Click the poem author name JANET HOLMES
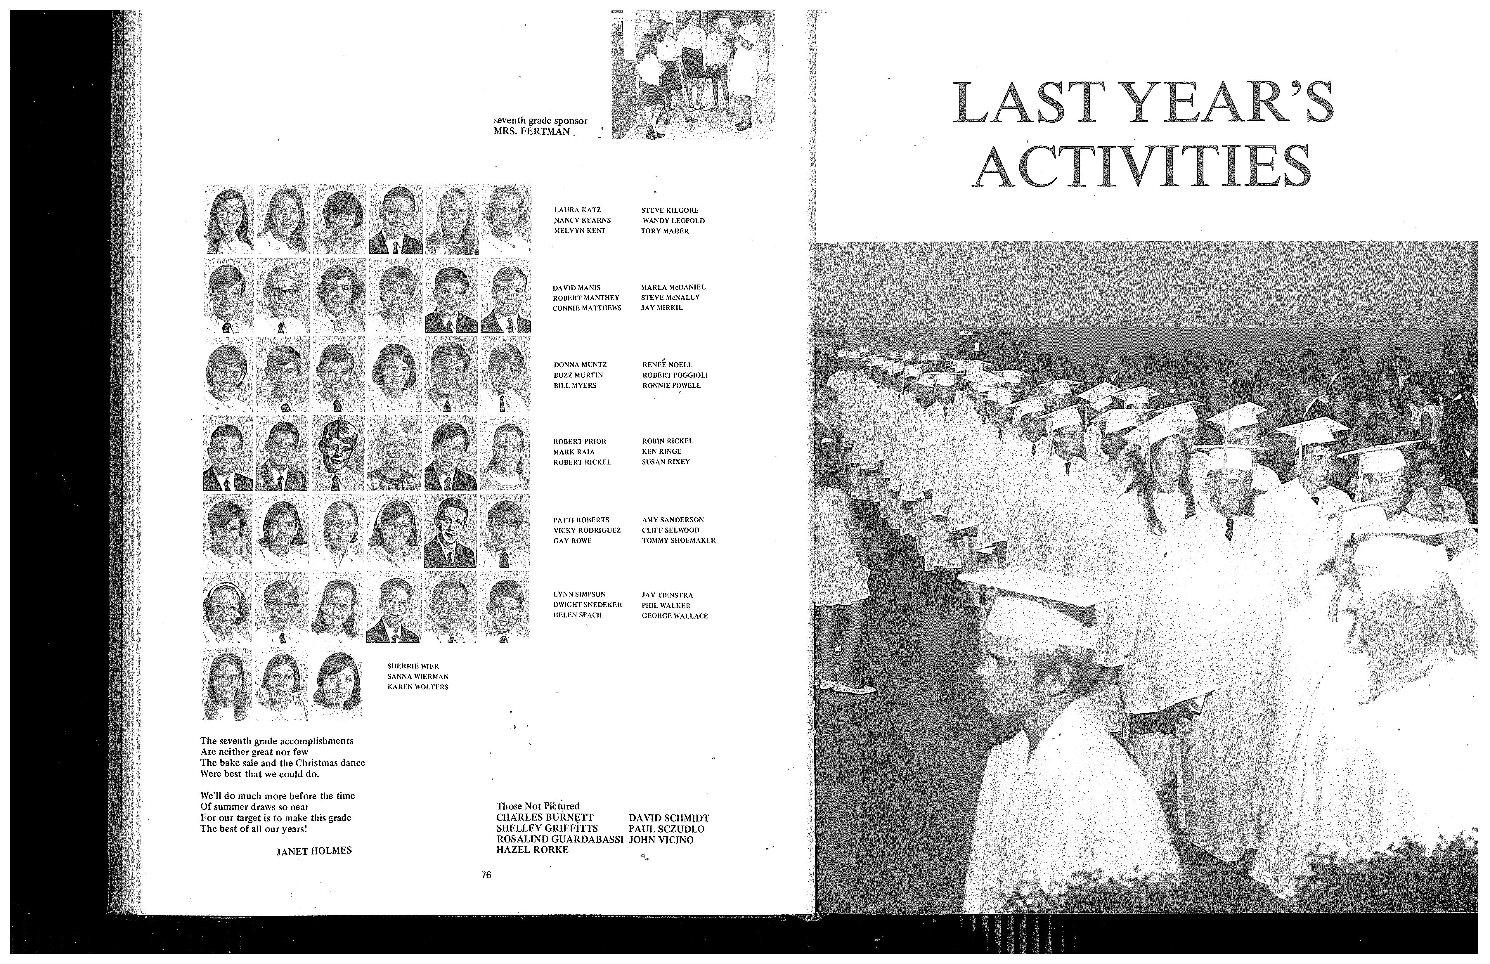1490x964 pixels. click(x=314, y=851)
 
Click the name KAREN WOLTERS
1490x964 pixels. click(x=417, y=687)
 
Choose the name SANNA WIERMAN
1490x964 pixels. click(x=417, y=677)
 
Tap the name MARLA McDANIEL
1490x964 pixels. click(x=673, y=287)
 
